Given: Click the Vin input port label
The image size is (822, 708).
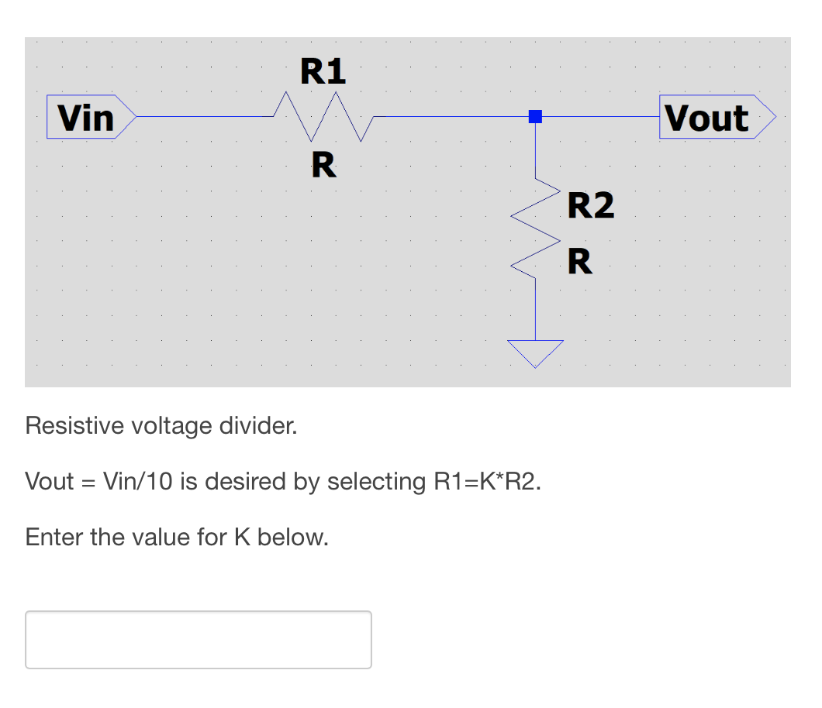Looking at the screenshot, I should tap(87, 118).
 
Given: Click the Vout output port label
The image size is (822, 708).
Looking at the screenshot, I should tap(706, 118).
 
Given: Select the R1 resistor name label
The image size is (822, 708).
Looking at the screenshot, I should tap(323, 72).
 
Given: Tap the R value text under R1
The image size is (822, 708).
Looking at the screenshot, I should tap(323, 165).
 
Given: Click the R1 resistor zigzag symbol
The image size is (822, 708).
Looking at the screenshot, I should tap(324, 117).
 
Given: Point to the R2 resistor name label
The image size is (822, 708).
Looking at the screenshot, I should tap(590, 206).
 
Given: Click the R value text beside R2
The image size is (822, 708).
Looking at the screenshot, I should tap(580, 261).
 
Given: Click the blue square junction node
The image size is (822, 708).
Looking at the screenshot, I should tap(535, 117).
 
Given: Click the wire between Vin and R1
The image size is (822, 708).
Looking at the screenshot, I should tap(205, 117).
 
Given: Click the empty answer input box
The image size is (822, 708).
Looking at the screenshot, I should tap(199, 640).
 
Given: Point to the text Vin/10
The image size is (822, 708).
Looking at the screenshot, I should tap(137, 482).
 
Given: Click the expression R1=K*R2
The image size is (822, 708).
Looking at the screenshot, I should tap(485, 482).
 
